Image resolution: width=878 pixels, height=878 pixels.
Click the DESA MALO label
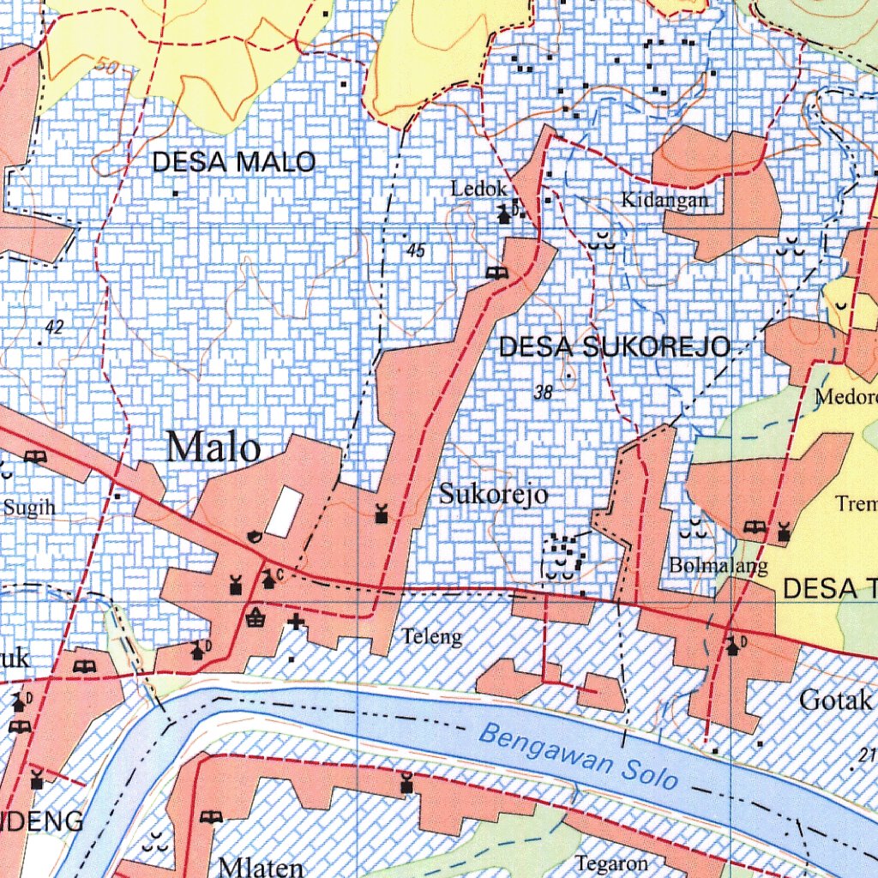pos(234,161)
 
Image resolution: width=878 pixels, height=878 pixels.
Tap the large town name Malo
pos(213,448)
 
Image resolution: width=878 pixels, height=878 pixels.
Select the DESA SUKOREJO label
pos(614,347)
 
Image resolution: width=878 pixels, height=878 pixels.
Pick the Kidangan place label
pos(665,201)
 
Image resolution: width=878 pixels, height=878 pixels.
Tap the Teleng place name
pos(432,637)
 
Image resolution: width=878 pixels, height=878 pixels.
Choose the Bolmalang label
pos(718,567)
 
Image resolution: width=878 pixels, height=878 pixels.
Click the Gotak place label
pos(835,701)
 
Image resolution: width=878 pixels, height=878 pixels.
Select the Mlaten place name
pos(261,866)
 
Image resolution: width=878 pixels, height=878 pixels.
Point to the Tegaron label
pos(611,863)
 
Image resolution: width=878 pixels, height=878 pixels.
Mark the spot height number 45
pos(417,250)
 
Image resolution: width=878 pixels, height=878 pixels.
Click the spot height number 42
pos(56,327)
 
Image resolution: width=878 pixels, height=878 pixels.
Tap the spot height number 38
pos(543,393)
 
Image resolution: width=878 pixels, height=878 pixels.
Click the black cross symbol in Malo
pos(297,622)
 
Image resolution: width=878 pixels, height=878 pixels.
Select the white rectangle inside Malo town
pos(283,512)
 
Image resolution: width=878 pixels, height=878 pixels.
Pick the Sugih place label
pos(29,508)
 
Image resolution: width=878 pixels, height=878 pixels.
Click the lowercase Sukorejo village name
pos(493,495)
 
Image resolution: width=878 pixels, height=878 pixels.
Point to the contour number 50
pos(107,65)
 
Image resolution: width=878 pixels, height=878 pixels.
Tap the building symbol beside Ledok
pos(504,214)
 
